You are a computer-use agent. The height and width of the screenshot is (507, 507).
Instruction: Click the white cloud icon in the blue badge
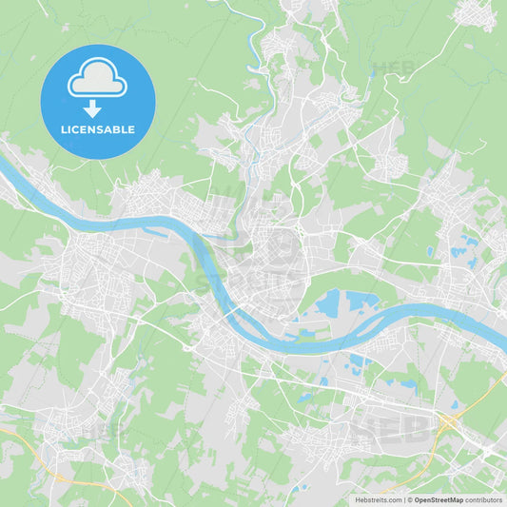coord(97,82)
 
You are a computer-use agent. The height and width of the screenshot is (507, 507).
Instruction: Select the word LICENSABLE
coord(98,129)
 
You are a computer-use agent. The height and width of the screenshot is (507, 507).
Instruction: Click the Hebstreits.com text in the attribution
coord(379,499)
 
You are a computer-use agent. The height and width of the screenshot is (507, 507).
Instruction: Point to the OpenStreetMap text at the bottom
coord(439,499)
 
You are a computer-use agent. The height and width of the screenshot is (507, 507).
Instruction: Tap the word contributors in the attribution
coord(483,499)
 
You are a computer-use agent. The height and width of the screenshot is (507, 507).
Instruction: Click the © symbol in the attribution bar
coord(409,499)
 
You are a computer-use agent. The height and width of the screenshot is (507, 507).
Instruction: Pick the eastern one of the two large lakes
coord(361,302)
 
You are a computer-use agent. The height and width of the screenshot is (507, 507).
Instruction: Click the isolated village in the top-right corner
coord(473,13)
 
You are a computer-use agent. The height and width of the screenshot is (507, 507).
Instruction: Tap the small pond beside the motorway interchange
coord(454,405)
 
